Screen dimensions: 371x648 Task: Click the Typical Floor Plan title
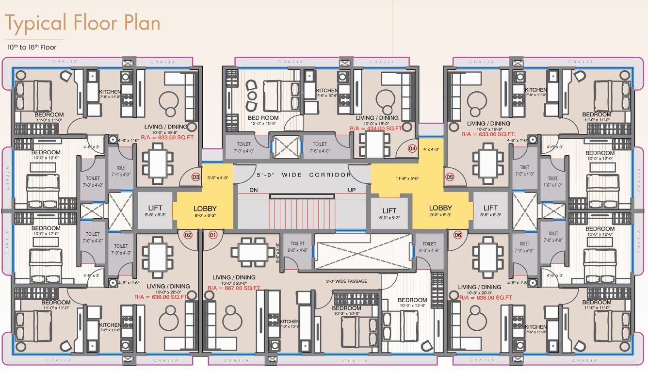point(82,23)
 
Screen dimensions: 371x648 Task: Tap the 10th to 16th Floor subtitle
point(32,48)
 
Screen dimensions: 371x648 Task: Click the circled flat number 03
point(196,177)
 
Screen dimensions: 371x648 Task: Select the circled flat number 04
point(412,149)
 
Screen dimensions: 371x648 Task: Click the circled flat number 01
point(212,235)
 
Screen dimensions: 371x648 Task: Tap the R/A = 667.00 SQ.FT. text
point(234,288)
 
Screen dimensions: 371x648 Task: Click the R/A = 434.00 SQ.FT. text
point(376,129)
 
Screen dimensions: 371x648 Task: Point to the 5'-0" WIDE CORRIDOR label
point(304,175)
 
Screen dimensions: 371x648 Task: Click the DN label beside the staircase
point(253,190)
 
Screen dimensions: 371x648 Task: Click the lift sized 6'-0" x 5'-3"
point(389,213)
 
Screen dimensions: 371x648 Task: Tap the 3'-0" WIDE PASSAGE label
point(347,281)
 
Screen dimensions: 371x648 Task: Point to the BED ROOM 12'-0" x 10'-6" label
point(263,120)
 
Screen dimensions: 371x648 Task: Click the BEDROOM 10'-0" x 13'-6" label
point(413,303)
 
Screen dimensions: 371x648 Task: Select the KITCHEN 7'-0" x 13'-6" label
point(289,324)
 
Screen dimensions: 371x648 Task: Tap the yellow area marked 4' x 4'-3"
point(431,149)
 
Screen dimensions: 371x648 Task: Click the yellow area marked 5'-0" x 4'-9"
point(217,177)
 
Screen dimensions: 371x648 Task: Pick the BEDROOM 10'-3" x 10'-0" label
point(346,311)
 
